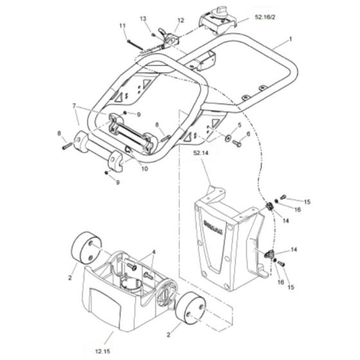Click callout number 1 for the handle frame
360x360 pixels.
(291, 39)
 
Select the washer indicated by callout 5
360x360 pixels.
(230, 137)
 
